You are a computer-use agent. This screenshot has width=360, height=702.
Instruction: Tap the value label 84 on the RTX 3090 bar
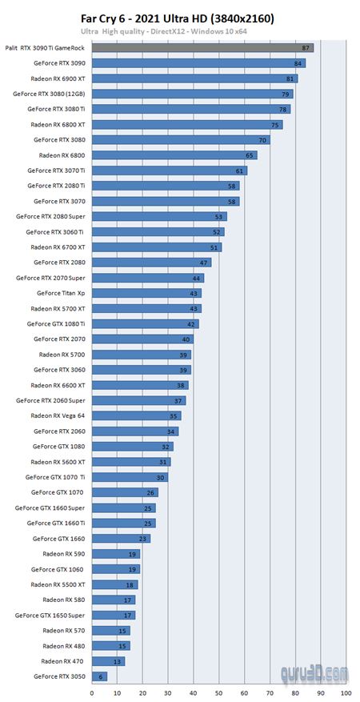click(x=298, y=63)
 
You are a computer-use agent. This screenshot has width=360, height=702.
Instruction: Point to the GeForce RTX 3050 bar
click(x=99, y=676)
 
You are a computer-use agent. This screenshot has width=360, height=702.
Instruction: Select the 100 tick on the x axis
click(x=345, y=692)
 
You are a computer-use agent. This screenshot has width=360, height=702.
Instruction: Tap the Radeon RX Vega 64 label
click(x=58, y=415)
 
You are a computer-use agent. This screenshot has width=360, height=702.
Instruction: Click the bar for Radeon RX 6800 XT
click(x=187, y=125)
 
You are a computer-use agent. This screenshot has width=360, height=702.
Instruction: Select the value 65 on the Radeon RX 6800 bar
click(x=250, y=155)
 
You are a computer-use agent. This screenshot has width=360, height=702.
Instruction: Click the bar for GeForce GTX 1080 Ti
click(x=145, y=324)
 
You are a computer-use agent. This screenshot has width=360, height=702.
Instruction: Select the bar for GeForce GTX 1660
click(x=121, y=539)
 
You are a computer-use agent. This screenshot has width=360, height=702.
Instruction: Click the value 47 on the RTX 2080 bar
click(x=205, y=263)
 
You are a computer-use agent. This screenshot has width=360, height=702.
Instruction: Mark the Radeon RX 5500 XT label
click(x=58, y=584)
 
